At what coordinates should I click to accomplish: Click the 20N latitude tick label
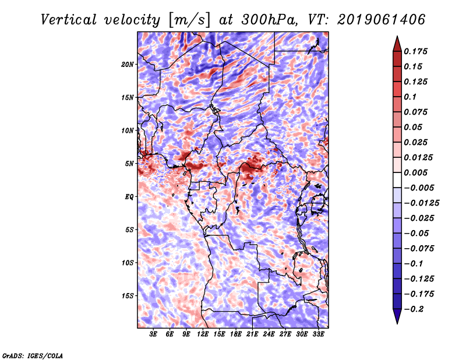[x=128, y=64]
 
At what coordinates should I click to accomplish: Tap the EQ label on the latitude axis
[x=129, y=197]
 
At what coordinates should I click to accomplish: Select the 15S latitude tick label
[x=128, y=296]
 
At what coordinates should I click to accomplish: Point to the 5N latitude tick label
[x=129, y=164]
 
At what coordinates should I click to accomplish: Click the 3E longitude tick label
[x=154, y=335]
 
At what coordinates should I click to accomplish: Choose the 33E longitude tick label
[x=319, y=335]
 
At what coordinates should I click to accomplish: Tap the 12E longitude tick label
[x=203, y=335]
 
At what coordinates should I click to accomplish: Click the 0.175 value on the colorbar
[x=416, y=51]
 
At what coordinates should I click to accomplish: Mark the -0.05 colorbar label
[x=416, y=233]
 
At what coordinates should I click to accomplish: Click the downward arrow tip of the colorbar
[x=396, y=322]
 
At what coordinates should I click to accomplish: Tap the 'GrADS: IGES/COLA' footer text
[x=32, y=355]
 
